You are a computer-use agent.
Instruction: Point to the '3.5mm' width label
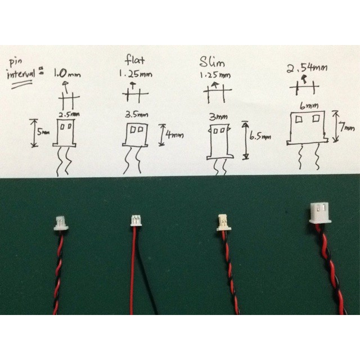click(x=137, y=114)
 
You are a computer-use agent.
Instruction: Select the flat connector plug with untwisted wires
click(x=136, y=220)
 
